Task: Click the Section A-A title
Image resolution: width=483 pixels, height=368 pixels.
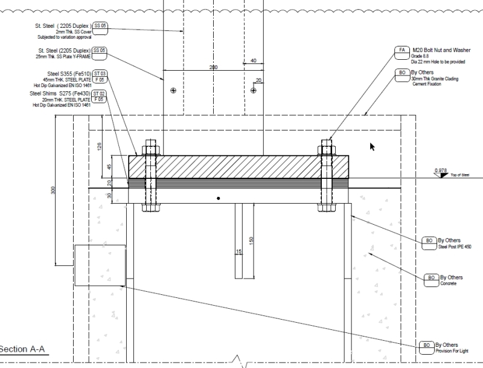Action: (23, 349)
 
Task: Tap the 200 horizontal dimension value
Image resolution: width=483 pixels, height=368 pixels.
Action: (213, 68)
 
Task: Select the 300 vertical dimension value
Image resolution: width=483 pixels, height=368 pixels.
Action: (54, 190)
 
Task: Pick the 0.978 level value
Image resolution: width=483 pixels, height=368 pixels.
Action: (441, 171)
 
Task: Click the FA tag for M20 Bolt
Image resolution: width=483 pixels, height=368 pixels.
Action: (402, 51)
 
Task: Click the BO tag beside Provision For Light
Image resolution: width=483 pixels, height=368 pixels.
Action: (426, 346)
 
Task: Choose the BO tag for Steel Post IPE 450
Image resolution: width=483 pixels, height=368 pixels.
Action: (429, 241)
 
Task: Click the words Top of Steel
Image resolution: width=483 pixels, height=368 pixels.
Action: (459, 175)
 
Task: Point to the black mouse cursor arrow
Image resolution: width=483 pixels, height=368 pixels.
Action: (373, 146)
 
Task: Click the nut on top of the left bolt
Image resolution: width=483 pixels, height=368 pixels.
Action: (150, 149)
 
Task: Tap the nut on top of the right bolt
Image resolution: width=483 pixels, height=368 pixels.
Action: (327, 149)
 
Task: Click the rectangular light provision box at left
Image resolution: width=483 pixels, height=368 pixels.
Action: (100, 265)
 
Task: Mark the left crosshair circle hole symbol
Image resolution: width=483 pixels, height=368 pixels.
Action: (173, 90)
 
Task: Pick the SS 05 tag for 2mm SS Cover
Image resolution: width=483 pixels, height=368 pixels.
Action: (100, 26)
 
